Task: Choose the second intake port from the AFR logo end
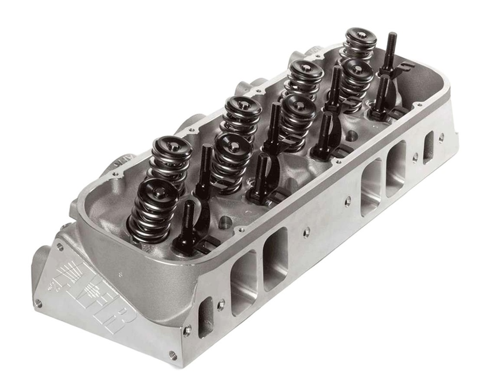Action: pyautogui.click(x=275, y=259)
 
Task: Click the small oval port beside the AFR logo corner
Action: pyautogui.click(x=205, y=317)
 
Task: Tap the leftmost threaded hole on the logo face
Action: pyautogui.click(x=38, y=303)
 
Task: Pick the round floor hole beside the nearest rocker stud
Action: pyautogui.click(x=224, y=224)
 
